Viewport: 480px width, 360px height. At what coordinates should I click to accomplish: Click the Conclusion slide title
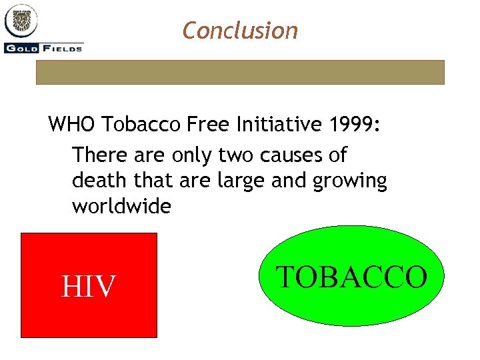coord(240,30)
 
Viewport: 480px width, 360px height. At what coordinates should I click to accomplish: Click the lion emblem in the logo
coord(22,21)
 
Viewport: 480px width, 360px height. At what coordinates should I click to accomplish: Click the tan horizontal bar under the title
coord(240,72)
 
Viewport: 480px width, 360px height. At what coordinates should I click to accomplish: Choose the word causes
coord(295,155)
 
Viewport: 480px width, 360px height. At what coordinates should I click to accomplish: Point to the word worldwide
coord(121,206)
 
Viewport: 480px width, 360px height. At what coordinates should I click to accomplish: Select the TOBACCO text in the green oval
coord(351,277)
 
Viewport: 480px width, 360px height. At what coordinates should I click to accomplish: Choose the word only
coord(189,155)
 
